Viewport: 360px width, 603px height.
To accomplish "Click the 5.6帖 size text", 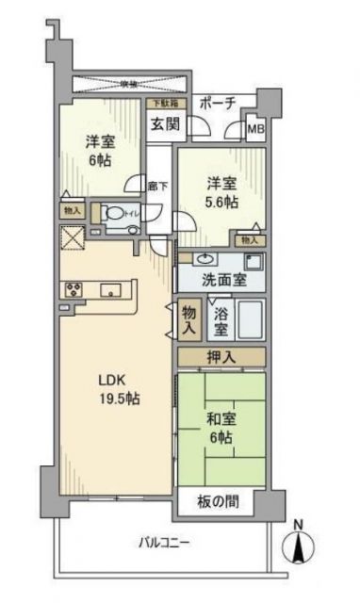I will pos(222,199).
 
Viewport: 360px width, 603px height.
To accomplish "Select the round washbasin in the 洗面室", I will pos(205,258).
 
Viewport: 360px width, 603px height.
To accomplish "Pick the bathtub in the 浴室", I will pos(250,320).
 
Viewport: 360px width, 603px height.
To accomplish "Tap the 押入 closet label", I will pos(221,357).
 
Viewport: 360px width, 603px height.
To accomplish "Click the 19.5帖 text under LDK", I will pos(120,399).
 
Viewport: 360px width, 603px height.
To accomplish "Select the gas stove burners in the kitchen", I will pos(74,289).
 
